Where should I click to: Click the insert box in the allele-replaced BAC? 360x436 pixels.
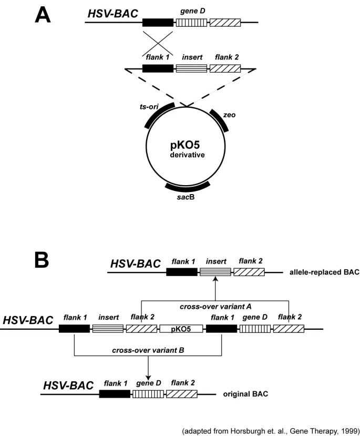click(214, 272)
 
